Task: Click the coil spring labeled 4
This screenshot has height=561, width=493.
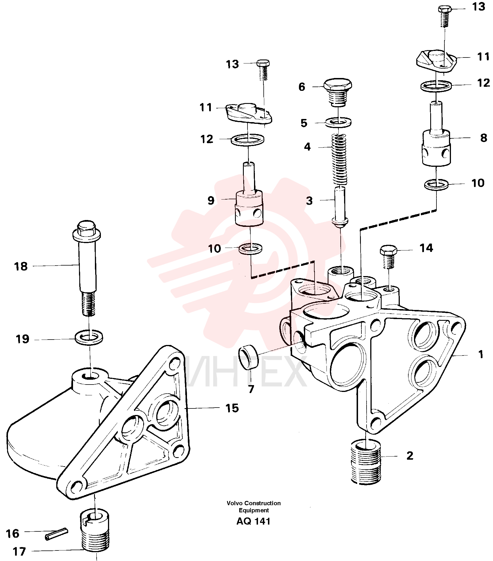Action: (339, 160)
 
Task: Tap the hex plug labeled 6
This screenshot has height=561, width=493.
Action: (338, 92)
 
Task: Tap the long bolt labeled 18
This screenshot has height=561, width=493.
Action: (87, 268)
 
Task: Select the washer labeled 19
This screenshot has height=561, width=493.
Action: (89, 337)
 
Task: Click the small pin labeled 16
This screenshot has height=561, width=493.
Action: (57, 534)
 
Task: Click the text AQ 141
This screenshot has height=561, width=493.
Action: (253, 521)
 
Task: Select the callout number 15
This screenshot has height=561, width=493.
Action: (232, 408)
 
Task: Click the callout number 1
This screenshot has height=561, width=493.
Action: (480, 355)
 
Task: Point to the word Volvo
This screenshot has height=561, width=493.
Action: (235, 503)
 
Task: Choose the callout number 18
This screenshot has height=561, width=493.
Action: (21, 267)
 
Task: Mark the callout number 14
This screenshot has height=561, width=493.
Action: (426, 248)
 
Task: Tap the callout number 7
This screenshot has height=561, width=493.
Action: (251, 389)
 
